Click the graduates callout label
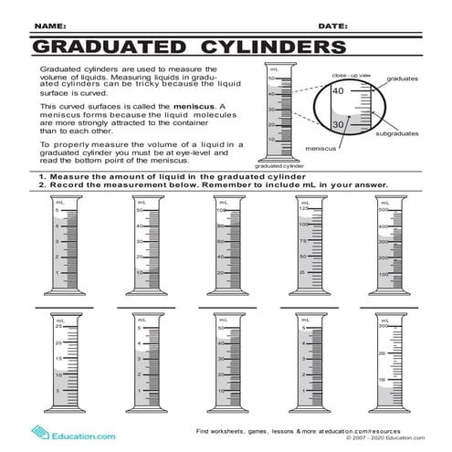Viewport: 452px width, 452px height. coord(403,79)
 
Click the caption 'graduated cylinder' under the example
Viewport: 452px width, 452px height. coord(279,166)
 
